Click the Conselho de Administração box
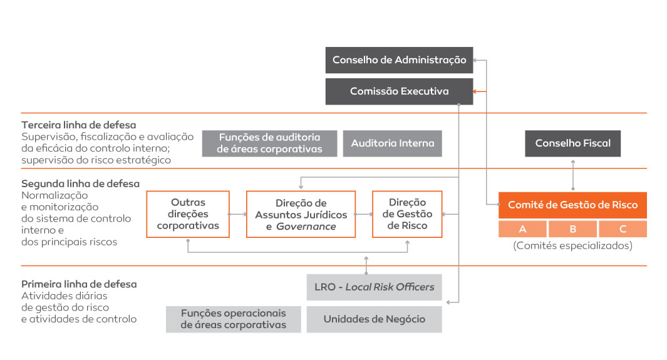pos(399,60)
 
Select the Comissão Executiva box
pos(399,91)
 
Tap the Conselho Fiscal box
pos(572,143)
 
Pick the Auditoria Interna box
pos(392,143)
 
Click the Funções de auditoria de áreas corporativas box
pos(269,143)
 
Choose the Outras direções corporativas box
pos(188,214)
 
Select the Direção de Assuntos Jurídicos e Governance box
pos(301,214)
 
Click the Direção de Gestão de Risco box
pos(407,214)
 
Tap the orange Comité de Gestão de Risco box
pos(572,205)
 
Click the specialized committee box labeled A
pos(522,229)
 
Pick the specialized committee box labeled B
pos(572,229)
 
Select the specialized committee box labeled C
pos(623,229)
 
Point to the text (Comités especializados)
pos(572,245)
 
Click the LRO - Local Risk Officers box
pos(375,287)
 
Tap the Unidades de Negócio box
pos(375,319)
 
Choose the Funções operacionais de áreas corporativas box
pos(233,319)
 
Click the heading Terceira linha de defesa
pos(79,125)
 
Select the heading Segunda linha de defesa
pos(80,183)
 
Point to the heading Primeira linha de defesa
pos(79,284)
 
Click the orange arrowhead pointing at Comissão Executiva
pos(476,91)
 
